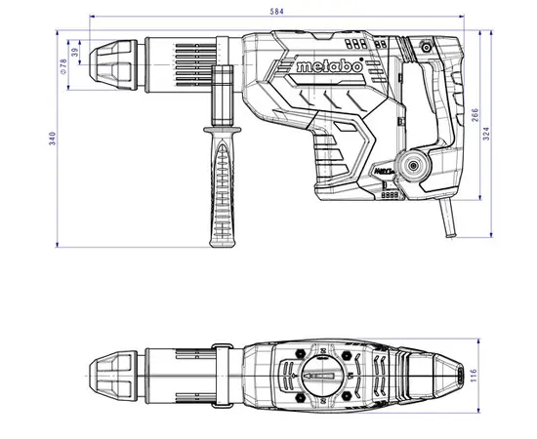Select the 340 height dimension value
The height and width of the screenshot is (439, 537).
tap(39, 140)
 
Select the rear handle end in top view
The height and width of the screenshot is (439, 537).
tap(454, 372)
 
